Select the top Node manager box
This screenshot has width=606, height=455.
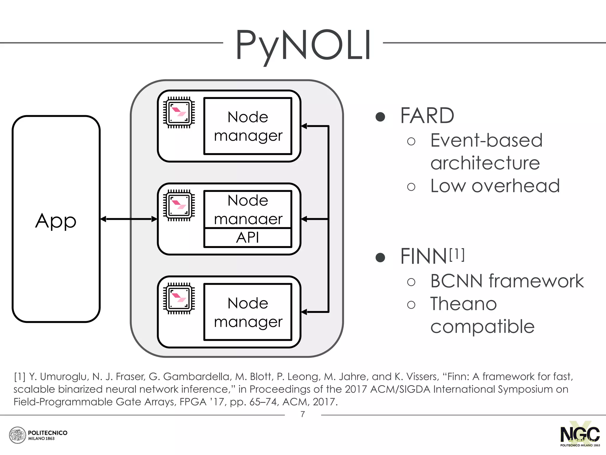[x=248, y=126]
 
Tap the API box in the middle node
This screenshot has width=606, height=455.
[x=248, y=238]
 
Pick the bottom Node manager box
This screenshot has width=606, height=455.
[x=248, y=312]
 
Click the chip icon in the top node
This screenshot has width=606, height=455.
[x=179, y=112]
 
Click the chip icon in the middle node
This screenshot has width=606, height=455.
[x=179, y=205]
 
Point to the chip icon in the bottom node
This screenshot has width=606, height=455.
[x=179, y=298]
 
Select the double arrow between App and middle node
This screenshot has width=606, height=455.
[x=129, y=219]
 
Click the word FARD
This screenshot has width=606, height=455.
[x=427, y=116]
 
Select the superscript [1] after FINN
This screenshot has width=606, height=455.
[x=457, y=254]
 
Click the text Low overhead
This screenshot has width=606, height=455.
[x=495, y=186]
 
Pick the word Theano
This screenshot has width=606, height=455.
[x=463, y=304]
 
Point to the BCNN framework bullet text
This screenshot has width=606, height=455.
[x=507, y=281]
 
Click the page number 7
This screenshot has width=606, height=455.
[x=303, y=414]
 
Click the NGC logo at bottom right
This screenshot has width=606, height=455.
[x=580, y=435]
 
